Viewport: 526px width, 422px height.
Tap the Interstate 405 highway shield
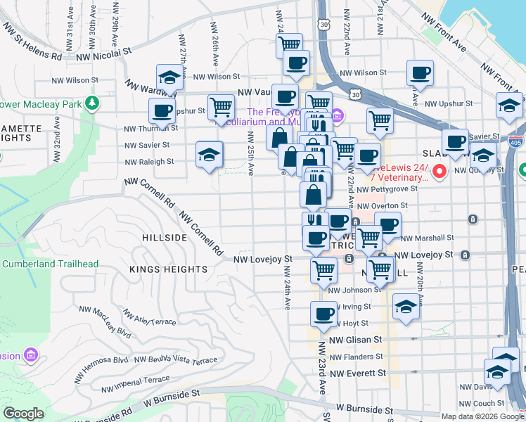click(x=516, y=141)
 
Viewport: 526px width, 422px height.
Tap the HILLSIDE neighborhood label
click(x=165, y=238)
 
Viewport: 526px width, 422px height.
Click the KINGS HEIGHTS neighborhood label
click(x=168, y=269)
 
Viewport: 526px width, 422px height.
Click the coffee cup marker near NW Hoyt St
click(x=323, y=314)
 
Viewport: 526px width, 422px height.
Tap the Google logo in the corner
click(x=23, y=414)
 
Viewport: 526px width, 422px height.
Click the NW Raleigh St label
click(x=148, y=161)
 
